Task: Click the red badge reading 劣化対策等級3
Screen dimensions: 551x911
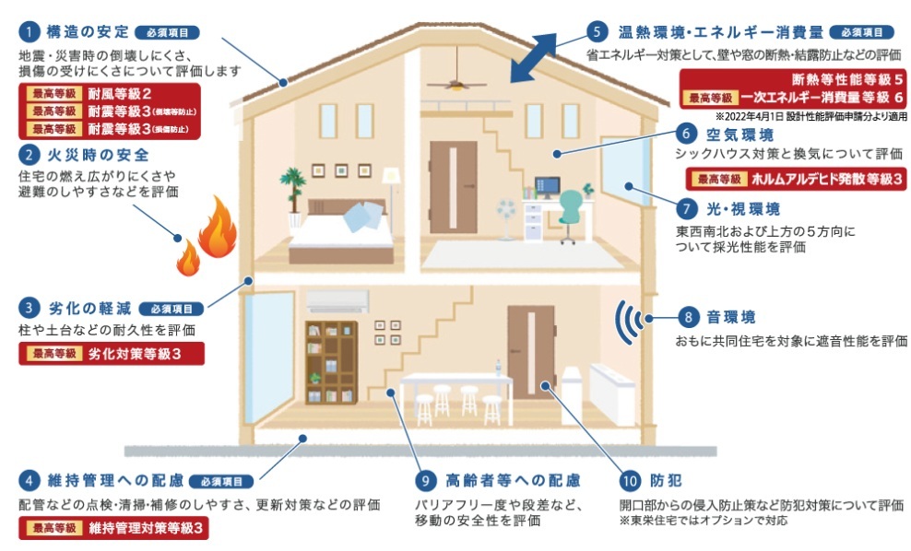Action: click(x=111, y=354)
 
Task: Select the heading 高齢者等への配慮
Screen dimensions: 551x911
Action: click(x=512, y=480)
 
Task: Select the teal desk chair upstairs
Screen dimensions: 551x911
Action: click(x=571, y=213)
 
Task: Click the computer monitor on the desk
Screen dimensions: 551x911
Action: click(x=547, y=187)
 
